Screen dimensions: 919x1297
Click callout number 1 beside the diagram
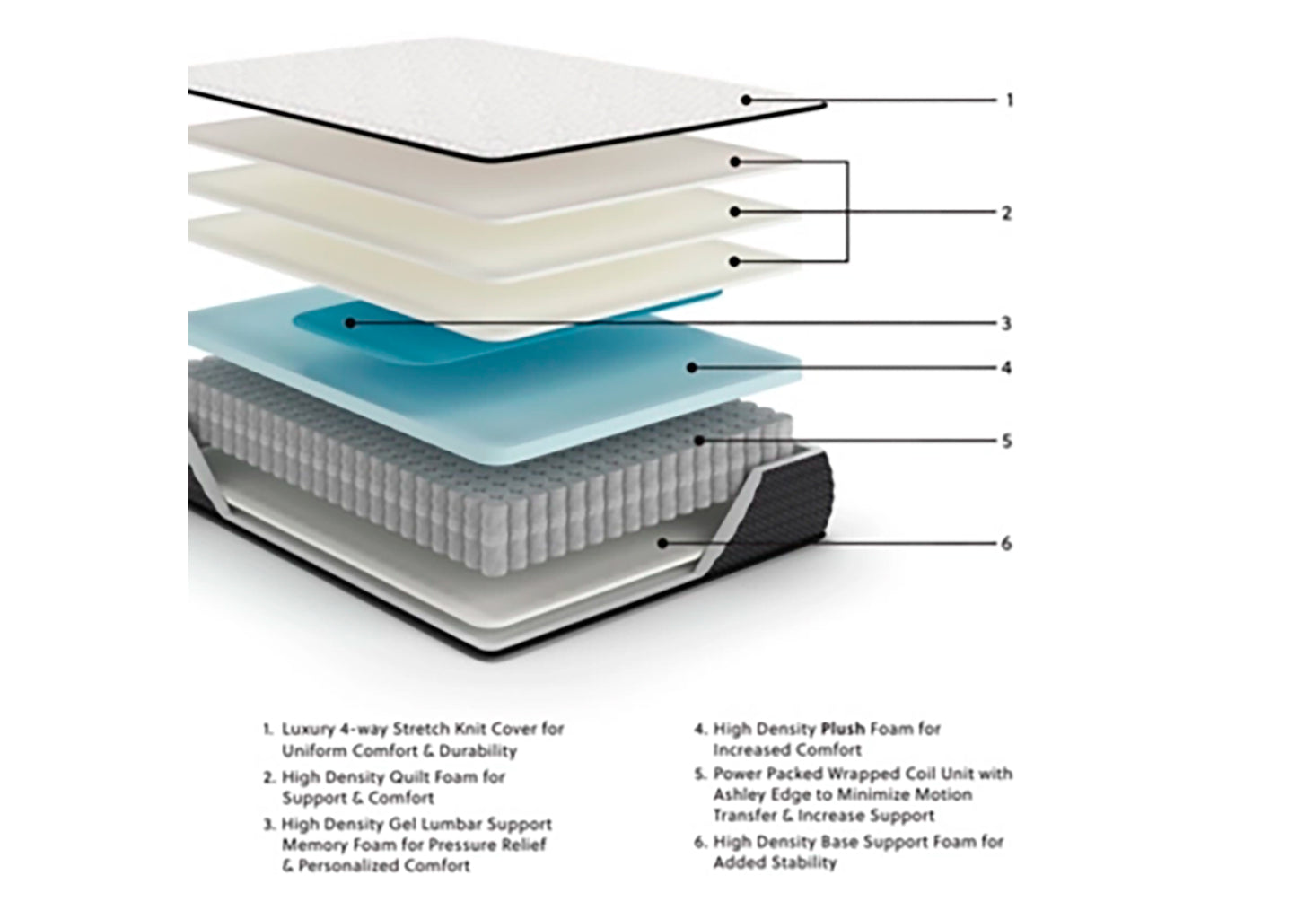click(1009, 100)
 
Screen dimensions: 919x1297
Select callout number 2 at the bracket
click(1006, 214)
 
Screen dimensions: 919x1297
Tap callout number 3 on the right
click(1006, 323)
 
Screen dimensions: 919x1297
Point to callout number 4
click(1006, 368)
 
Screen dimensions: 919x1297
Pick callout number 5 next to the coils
click(1006, 442)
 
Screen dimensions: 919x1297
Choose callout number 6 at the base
click(1006, 544)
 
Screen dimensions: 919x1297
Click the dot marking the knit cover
click(747, 100)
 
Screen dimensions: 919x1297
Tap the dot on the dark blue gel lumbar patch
click(353, 322)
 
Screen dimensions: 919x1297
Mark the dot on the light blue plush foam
click(692, 366)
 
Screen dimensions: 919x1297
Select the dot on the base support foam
click(663, 542)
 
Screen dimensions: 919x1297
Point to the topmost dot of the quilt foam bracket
click(734, 162)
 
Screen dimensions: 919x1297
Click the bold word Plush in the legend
click(842, 729)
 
